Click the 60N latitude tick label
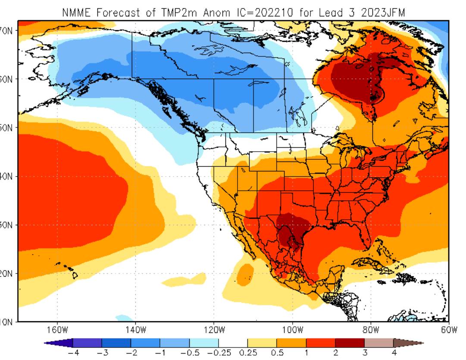(9, 79)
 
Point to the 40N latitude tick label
(9, 177)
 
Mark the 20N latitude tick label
(9, 273)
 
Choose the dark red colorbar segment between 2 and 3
(350, 343)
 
